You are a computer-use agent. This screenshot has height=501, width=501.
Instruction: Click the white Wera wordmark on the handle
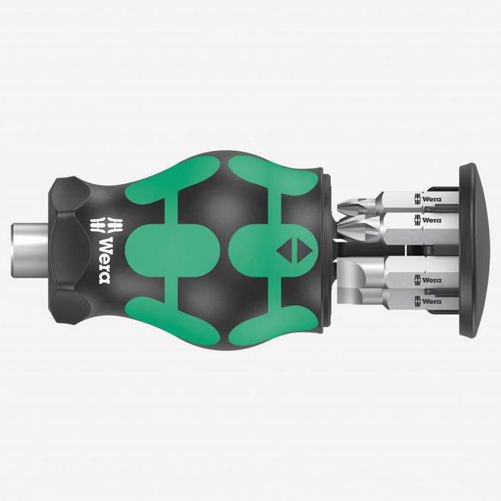[104, 260]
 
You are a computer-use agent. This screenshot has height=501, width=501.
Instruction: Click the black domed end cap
[474, 251]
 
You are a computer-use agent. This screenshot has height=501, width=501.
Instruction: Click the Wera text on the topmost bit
[432, 199]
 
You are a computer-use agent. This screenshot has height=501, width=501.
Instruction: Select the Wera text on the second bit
[432, 220]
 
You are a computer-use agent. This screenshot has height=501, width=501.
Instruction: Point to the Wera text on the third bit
[432, 280]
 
